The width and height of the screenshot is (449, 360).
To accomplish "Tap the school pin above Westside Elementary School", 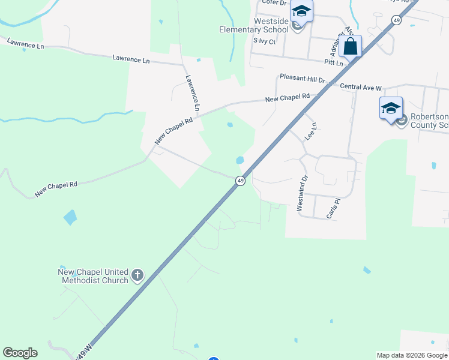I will [301, 12].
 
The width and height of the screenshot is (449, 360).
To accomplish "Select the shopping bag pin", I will [350, 46].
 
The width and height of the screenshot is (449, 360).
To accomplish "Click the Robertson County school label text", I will [428, 121].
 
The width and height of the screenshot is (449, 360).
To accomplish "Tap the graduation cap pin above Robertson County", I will [391, 109].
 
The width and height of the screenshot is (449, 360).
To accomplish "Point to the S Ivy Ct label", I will [264, 41].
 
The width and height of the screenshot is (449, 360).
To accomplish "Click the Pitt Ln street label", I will [332, 62].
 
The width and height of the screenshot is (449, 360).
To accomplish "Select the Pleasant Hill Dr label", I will [303, 79].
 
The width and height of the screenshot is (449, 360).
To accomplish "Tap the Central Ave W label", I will [361, 88].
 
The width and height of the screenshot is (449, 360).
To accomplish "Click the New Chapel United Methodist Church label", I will [93, 276].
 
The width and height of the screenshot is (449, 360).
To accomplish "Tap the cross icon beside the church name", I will [137, 276].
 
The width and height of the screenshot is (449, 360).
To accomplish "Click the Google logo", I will [20, 353].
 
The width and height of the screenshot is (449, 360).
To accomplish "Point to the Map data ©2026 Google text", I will [412, 355].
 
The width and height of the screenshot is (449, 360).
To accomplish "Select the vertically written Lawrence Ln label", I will [192, 93].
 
